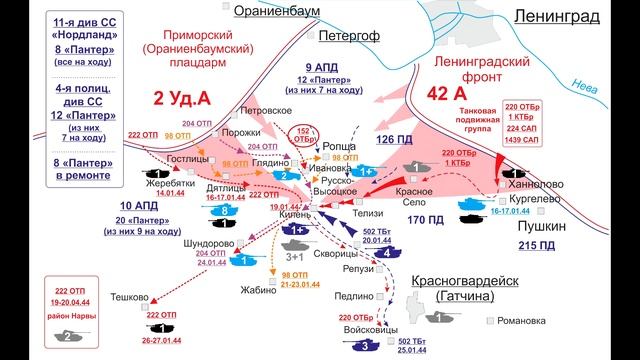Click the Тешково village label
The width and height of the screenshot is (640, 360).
[130, 296]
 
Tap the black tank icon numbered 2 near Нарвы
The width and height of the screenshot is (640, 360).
[65, 338]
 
